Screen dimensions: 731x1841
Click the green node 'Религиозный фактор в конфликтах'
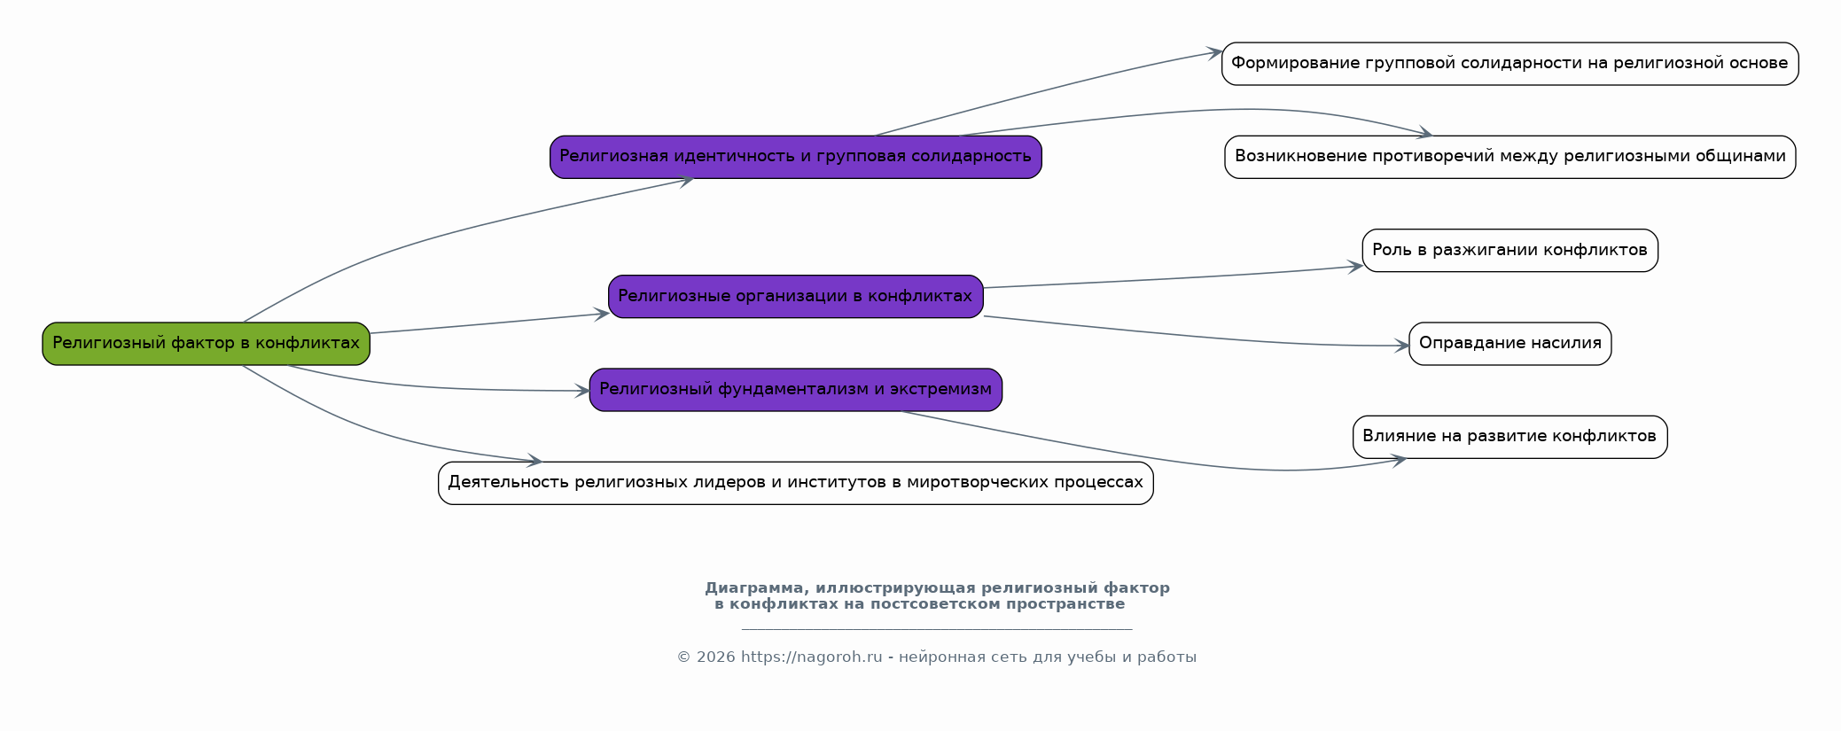pos(206,344)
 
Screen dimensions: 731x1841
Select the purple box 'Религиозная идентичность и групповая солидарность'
pos(795,157)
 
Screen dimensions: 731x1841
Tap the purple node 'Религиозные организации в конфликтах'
pos(795,297)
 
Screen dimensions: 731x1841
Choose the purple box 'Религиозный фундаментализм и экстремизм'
pos(795,390)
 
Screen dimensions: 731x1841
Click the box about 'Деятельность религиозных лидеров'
pos(795,483)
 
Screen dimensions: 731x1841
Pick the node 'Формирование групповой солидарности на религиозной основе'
pos(1509,64)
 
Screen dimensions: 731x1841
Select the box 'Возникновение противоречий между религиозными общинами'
pos(1509,157)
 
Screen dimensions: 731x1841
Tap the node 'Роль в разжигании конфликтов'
pos(1509,251)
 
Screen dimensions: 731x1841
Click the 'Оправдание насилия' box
pos(1509,344)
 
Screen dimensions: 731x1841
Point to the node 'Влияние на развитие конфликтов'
pos(1509,437)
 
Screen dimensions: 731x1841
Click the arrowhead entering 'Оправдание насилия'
pos(1402,346)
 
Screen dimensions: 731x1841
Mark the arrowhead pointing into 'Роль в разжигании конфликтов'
pos(1356,266)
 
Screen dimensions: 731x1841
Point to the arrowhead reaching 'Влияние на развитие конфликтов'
pos(1399,460)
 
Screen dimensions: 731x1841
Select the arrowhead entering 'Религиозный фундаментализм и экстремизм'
pos(582,391)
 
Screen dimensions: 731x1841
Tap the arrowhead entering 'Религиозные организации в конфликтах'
pos(602,314)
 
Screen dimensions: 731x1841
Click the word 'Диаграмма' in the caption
pos(755,588)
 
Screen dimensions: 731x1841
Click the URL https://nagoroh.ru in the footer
pos(811,657)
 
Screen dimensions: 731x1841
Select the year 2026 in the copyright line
pos(715,657)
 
